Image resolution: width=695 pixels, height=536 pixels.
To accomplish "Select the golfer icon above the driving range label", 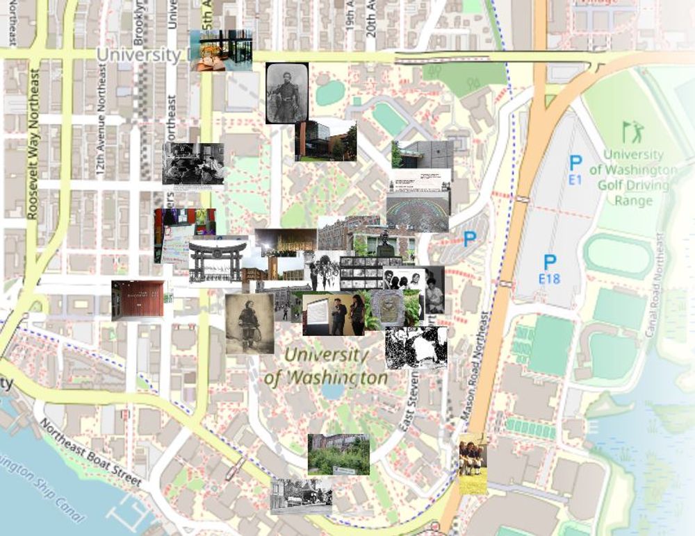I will (x=632, y=132).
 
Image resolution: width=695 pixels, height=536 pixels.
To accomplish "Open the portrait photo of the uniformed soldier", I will (x=287, y=93).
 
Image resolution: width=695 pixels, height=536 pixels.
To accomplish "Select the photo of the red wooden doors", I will (x=138, y=300).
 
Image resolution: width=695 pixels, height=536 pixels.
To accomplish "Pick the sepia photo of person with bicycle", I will (x=250, y=324).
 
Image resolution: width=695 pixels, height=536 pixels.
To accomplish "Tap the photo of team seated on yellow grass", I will (x=473, y=464).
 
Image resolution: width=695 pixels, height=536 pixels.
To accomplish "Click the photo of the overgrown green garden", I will (x=338, y=455).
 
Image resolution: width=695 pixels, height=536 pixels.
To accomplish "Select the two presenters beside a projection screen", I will (x=334, y=314).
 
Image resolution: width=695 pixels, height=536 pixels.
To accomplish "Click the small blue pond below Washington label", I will (x=332, y=392).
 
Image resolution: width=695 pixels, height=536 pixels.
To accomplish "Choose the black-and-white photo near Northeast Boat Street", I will (x=301, y=495).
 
